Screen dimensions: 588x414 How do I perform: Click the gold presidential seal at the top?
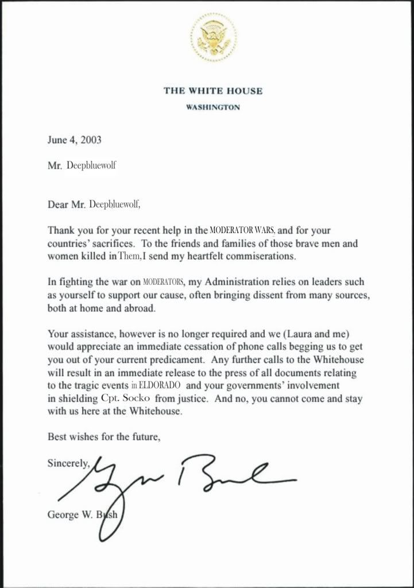coord(212,37)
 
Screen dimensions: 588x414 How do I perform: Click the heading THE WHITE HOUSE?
coord(213,91)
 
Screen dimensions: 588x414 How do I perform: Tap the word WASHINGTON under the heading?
coord(213,107)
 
